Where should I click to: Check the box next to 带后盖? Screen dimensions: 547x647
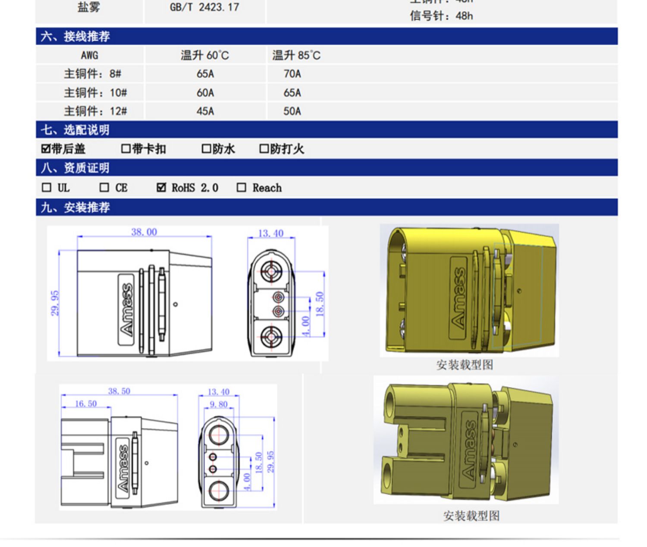point(46,149)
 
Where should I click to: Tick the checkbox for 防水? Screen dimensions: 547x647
point(206,149)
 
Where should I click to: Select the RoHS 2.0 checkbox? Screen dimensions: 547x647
point(161,188)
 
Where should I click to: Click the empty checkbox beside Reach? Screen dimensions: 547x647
point(242,188)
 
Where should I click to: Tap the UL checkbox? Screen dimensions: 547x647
point(47,188)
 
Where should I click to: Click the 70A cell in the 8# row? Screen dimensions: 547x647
point(292,74)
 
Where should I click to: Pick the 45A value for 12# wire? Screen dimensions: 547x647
point(205,111)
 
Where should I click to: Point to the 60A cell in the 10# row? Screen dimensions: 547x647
point(205,93)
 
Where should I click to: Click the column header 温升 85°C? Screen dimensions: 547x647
point(296,55)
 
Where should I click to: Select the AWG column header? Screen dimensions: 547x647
point(89,55)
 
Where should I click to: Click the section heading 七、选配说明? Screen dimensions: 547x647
point(75,130)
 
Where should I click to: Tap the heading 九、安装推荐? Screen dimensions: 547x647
point(75,207)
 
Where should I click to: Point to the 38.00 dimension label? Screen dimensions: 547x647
point(144,232)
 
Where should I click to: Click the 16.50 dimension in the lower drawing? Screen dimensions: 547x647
point(86,404)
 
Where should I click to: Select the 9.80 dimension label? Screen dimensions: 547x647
point(218,404)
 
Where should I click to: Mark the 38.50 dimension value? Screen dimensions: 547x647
point(119,391)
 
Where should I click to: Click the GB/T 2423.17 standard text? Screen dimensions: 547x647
point(204,7)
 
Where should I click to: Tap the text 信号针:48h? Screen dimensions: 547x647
point(441,16)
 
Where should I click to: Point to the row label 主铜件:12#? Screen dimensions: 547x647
point(95,111)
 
